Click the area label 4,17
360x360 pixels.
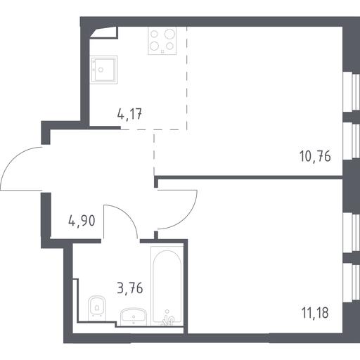coord(129,115)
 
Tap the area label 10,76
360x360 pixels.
coord(315,156)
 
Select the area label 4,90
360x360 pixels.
coord(82,221)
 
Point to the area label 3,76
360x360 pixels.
coord(130,288)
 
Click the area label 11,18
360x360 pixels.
coord(315,313)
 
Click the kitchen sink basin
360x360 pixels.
coord(104,70)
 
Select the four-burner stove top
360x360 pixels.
coord(162,41)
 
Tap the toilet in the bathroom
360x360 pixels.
coord(97,309)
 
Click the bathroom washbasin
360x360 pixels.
coord(134,317)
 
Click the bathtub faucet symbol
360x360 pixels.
coord(168,319)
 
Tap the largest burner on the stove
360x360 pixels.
coord(169,34)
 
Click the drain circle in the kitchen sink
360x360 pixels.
coord(101,70)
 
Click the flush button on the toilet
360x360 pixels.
coord(97,307)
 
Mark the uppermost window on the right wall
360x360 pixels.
coord(352,92)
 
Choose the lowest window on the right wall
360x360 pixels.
coord(352,283)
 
